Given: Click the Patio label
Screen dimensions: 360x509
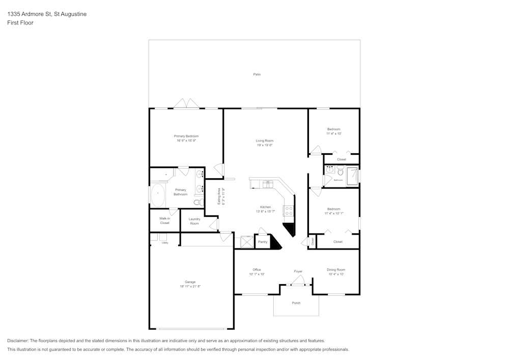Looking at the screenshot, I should tap(257, 74).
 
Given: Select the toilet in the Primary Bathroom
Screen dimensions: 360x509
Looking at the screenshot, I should tap(197, 203).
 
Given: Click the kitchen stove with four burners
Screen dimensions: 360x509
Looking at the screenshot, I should tap(288, 210).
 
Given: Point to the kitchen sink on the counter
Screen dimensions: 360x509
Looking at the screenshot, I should tap(268, 184).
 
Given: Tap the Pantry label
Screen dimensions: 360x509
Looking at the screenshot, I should tap(263, 242).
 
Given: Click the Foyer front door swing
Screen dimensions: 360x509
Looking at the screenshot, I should tap(298, 280).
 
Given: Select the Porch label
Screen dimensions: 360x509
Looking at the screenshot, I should tap(296, 303).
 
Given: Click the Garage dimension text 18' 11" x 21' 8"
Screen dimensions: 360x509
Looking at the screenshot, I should tap(190, 287).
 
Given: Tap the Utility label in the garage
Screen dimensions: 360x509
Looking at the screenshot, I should tap(165, 243).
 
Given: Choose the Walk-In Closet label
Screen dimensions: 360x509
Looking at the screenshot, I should tap(164, 220).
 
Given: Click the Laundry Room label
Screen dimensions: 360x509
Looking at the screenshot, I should tap(194, 221).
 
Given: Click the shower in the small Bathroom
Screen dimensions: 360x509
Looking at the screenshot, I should tap(352, 176).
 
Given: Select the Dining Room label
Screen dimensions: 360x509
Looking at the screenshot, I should tap(336, 270).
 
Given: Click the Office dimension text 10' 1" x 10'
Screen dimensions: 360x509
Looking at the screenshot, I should tap(257, 274).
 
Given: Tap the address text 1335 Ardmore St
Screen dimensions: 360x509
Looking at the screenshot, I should tap(30, 14).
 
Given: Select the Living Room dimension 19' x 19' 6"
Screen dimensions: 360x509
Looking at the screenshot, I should tap(265, 145).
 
